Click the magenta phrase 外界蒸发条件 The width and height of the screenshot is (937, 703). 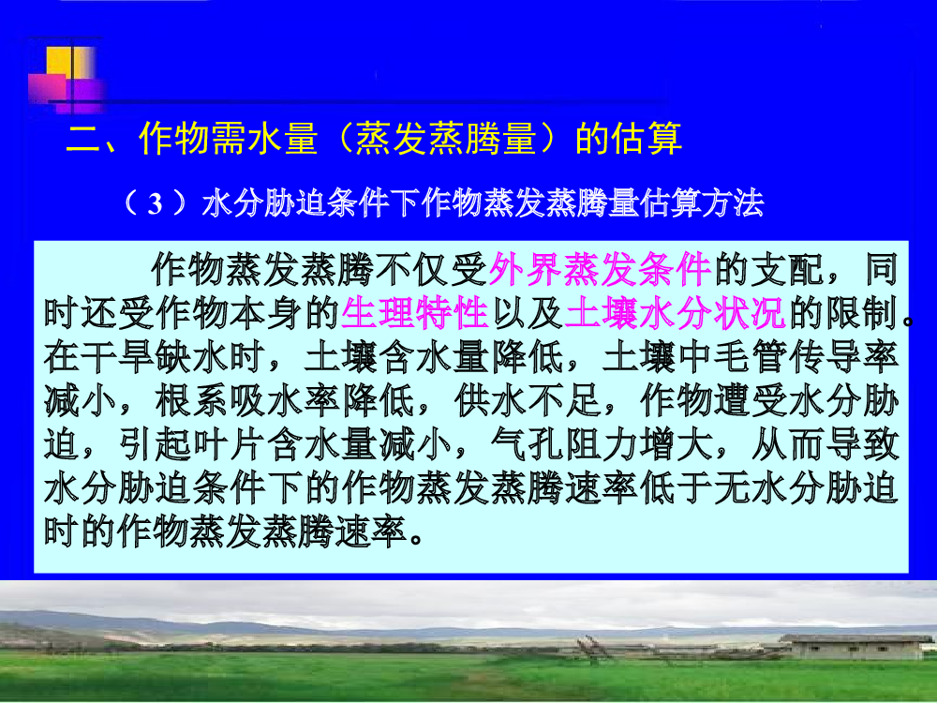click(x=600, y=270)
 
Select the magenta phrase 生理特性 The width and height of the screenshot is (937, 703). click(x=415, y=313)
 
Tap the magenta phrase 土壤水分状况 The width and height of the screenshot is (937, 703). click(x=675, y=313)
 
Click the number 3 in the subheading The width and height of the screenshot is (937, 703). click(x=155, y=203)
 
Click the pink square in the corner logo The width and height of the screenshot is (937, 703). click(x=47, y=88)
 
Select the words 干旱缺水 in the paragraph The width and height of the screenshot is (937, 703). click(x=155, y=357)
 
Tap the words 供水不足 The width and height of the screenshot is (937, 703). click(x=528, y=400)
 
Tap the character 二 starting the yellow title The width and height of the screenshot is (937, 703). click(x=83, y=140)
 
